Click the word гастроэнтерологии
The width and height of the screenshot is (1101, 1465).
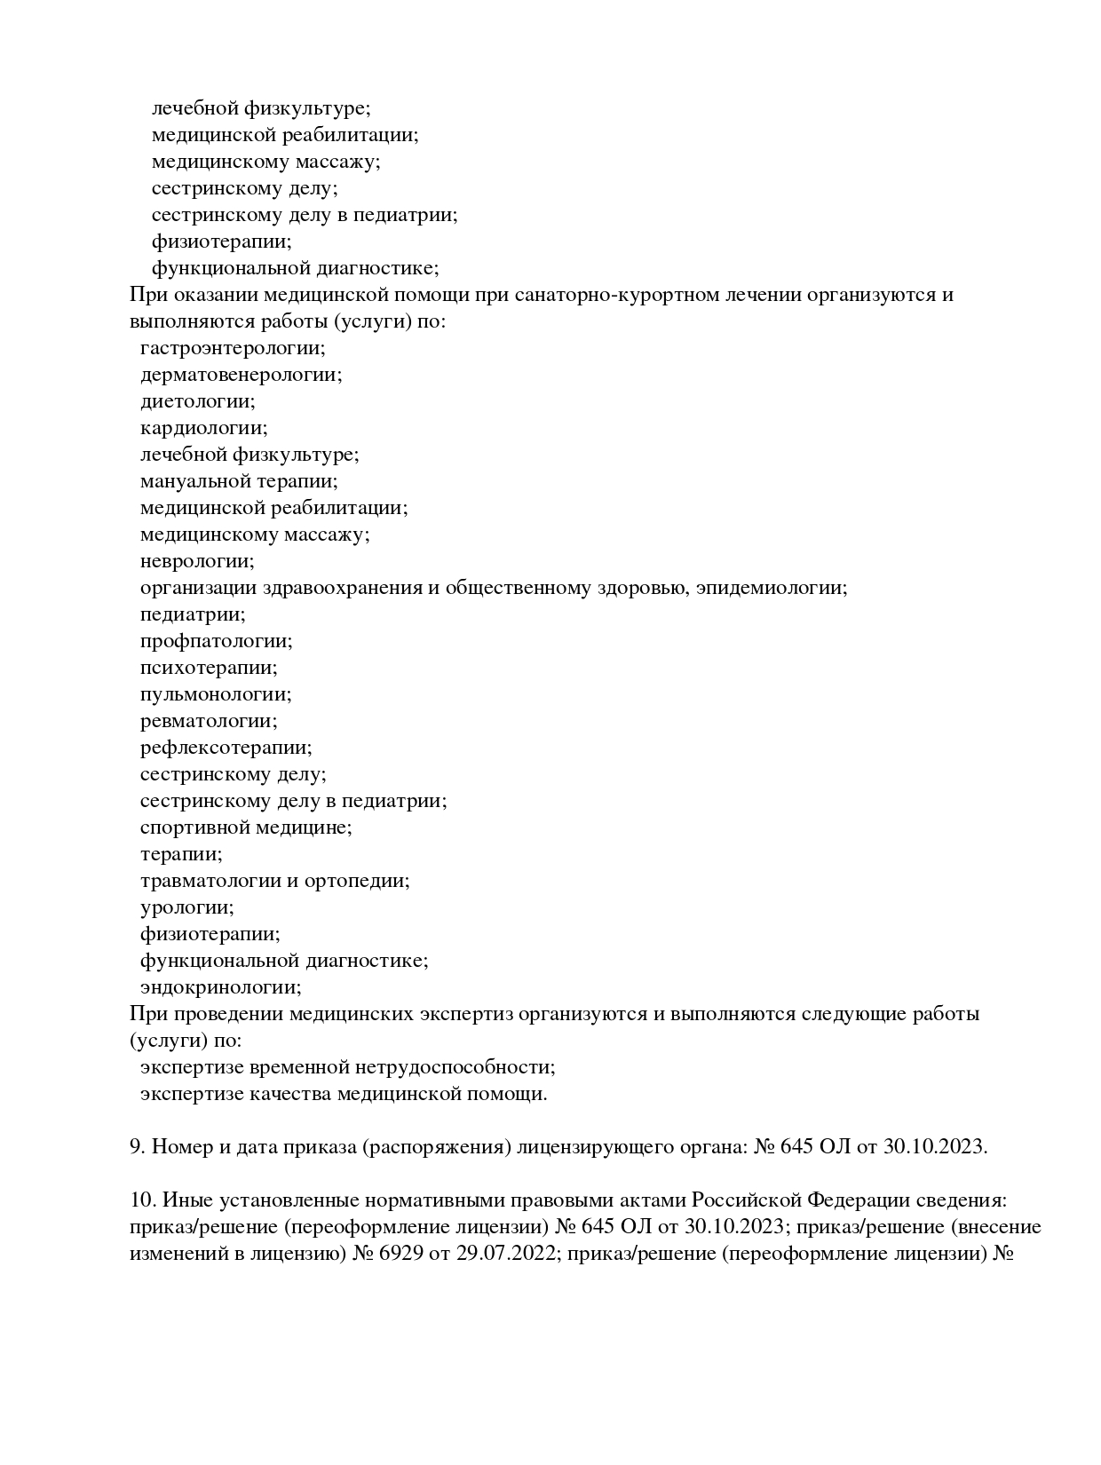[233, 348]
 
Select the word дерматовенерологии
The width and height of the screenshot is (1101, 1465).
[241, 375]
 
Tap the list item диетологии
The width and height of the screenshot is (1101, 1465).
[197, 401]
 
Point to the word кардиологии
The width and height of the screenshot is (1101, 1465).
[203, 428]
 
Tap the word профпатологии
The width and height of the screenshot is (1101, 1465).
[216, 641]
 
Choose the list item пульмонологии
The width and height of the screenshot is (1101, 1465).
[216, 694]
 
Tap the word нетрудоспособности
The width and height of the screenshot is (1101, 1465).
[455, 1067]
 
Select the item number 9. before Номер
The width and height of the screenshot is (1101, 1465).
[138, 1147]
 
